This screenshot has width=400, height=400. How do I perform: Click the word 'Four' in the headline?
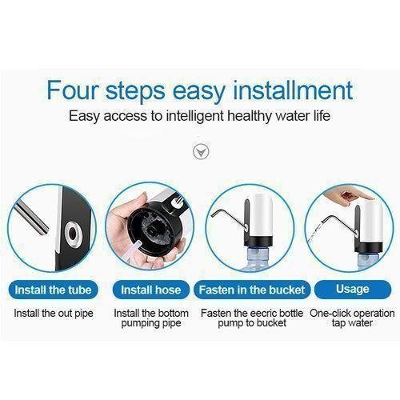73,90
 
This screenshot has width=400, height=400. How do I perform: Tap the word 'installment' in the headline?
293,90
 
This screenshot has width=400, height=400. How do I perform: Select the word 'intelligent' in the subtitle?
194,116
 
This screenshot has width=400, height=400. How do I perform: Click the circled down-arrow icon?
201,152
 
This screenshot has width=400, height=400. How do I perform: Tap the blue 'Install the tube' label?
53,290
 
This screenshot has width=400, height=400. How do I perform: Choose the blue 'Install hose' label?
151,290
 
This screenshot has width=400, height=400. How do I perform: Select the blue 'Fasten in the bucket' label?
252,290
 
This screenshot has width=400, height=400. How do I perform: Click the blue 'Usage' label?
353,289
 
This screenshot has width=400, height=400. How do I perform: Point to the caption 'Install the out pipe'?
54,314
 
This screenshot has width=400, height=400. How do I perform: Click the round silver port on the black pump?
73,234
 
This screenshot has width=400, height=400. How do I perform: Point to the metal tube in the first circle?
32,218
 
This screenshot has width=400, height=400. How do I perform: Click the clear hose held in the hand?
133,250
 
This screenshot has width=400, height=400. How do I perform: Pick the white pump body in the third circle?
258,215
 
